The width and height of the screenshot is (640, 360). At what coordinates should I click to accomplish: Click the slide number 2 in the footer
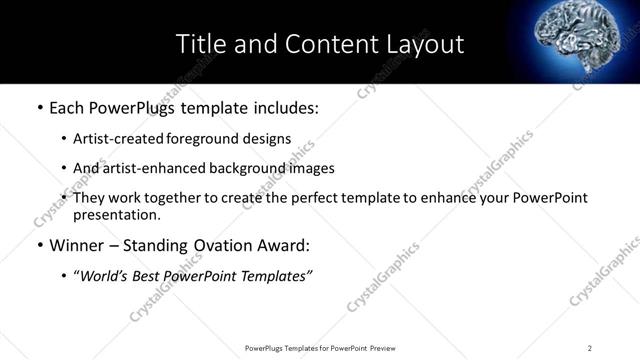point(590,348)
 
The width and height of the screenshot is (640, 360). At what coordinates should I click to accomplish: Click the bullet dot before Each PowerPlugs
point(39,107)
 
